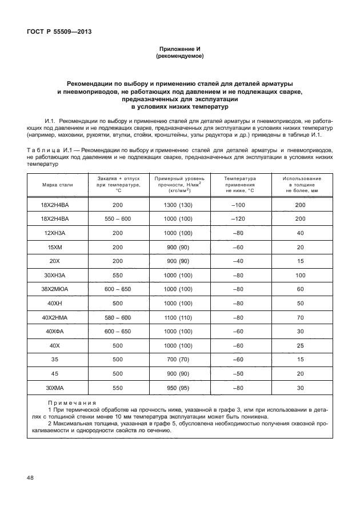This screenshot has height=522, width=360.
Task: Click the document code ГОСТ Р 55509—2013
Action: coord(59,32)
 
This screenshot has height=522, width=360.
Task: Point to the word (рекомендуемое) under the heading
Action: coord(179,57)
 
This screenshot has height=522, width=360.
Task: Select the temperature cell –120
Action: coord(240,219)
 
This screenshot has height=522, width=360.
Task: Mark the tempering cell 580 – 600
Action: coord(118,317)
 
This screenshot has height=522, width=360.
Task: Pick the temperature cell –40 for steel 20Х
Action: coord(240,261)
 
